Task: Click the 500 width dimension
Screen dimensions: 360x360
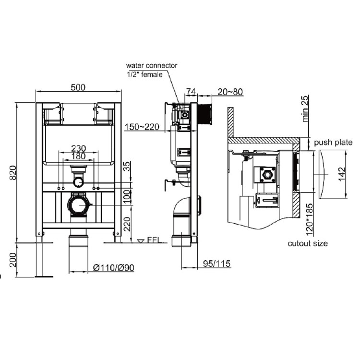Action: (78, 87)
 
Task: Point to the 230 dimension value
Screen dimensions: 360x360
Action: (79, 148)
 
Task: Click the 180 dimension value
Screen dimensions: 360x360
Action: (79, 156)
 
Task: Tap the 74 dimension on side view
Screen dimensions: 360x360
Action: (191, 92)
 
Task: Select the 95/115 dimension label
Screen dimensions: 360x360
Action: (215, 264)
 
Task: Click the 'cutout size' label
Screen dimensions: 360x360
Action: (308, 243)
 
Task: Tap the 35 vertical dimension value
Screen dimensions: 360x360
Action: (126, 167)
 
